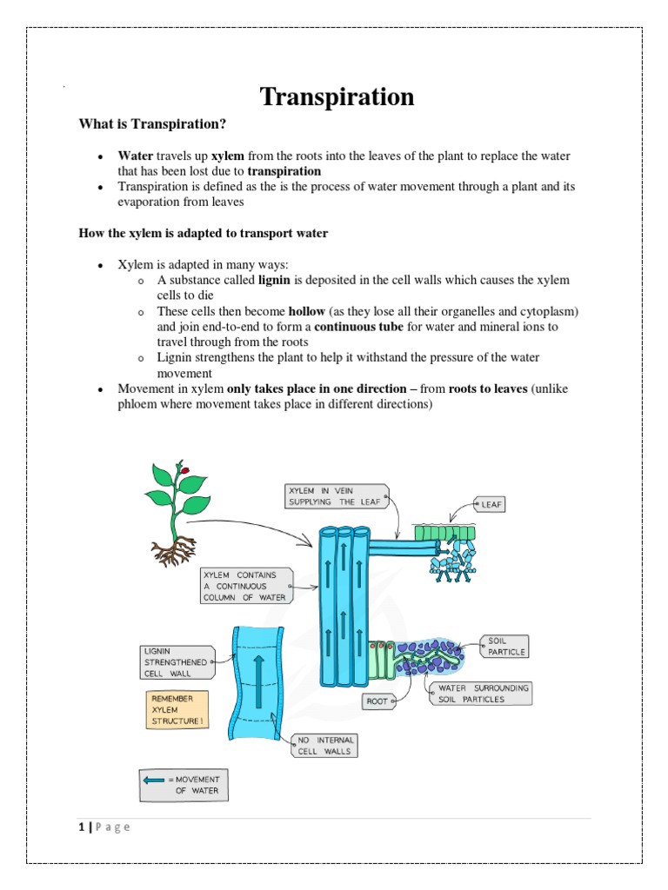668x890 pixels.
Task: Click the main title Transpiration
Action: (338, 97)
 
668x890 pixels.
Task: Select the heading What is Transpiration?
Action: (152, 125)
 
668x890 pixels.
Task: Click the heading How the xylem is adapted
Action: (203, 234)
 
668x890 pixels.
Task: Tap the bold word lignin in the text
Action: (275, 280)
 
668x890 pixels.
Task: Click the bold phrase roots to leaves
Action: (486, 389)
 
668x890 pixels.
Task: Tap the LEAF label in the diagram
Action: (491, 503)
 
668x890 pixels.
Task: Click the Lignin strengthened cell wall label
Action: (177, 662)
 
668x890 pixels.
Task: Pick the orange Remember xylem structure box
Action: (177, 710)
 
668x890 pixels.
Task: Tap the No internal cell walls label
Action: (324, 746)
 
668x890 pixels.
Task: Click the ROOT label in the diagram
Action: (378, 700)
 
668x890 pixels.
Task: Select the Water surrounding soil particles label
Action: (479, 693)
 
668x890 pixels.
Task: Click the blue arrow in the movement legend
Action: (155, 780)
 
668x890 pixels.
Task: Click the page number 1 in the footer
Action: (81, 827)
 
